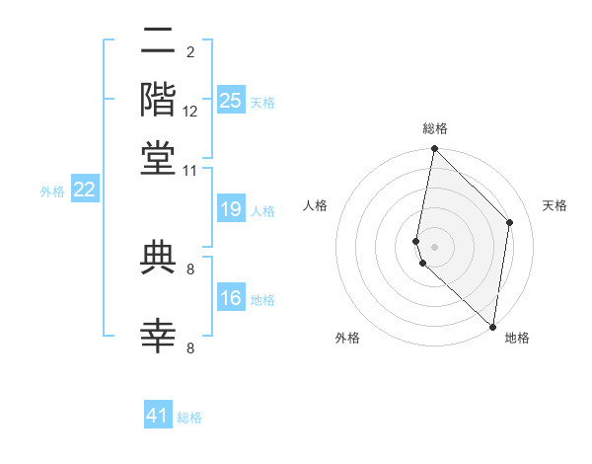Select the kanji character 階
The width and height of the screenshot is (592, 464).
(159, 99)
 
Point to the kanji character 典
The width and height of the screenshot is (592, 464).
(159, 257)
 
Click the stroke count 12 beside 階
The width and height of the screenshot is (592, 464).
(190, 112)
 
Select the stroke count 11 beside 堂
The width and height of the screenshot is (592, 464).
(190, 171)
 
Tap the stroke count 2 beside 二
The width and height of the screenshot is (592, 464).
(190, 52)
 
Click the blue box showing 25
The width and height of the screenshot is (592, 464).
(230, 100)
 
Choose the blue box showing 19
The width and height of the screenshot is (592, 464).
(230, 209)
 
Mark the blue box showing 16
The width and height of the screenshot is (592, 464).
(230, 298)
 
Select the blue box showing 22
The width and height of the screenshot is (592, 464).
(84, 190)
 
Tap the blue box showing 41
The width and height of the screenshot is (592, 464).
(158, 416)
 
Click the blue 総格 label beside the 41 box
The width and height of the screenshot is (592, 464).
(189, 418)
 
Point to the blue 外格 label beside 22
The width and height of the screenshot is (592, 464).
(51, 192)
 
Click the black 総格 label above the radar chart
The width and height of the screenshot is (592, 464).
(434, 128)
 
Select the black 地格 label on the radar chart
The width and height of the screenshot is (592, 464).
(517, 338)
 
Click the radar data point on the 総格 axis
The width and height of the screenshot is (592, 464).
(434, 149)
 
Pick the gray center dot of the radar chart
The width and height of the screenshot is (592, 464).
(434, 245)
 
